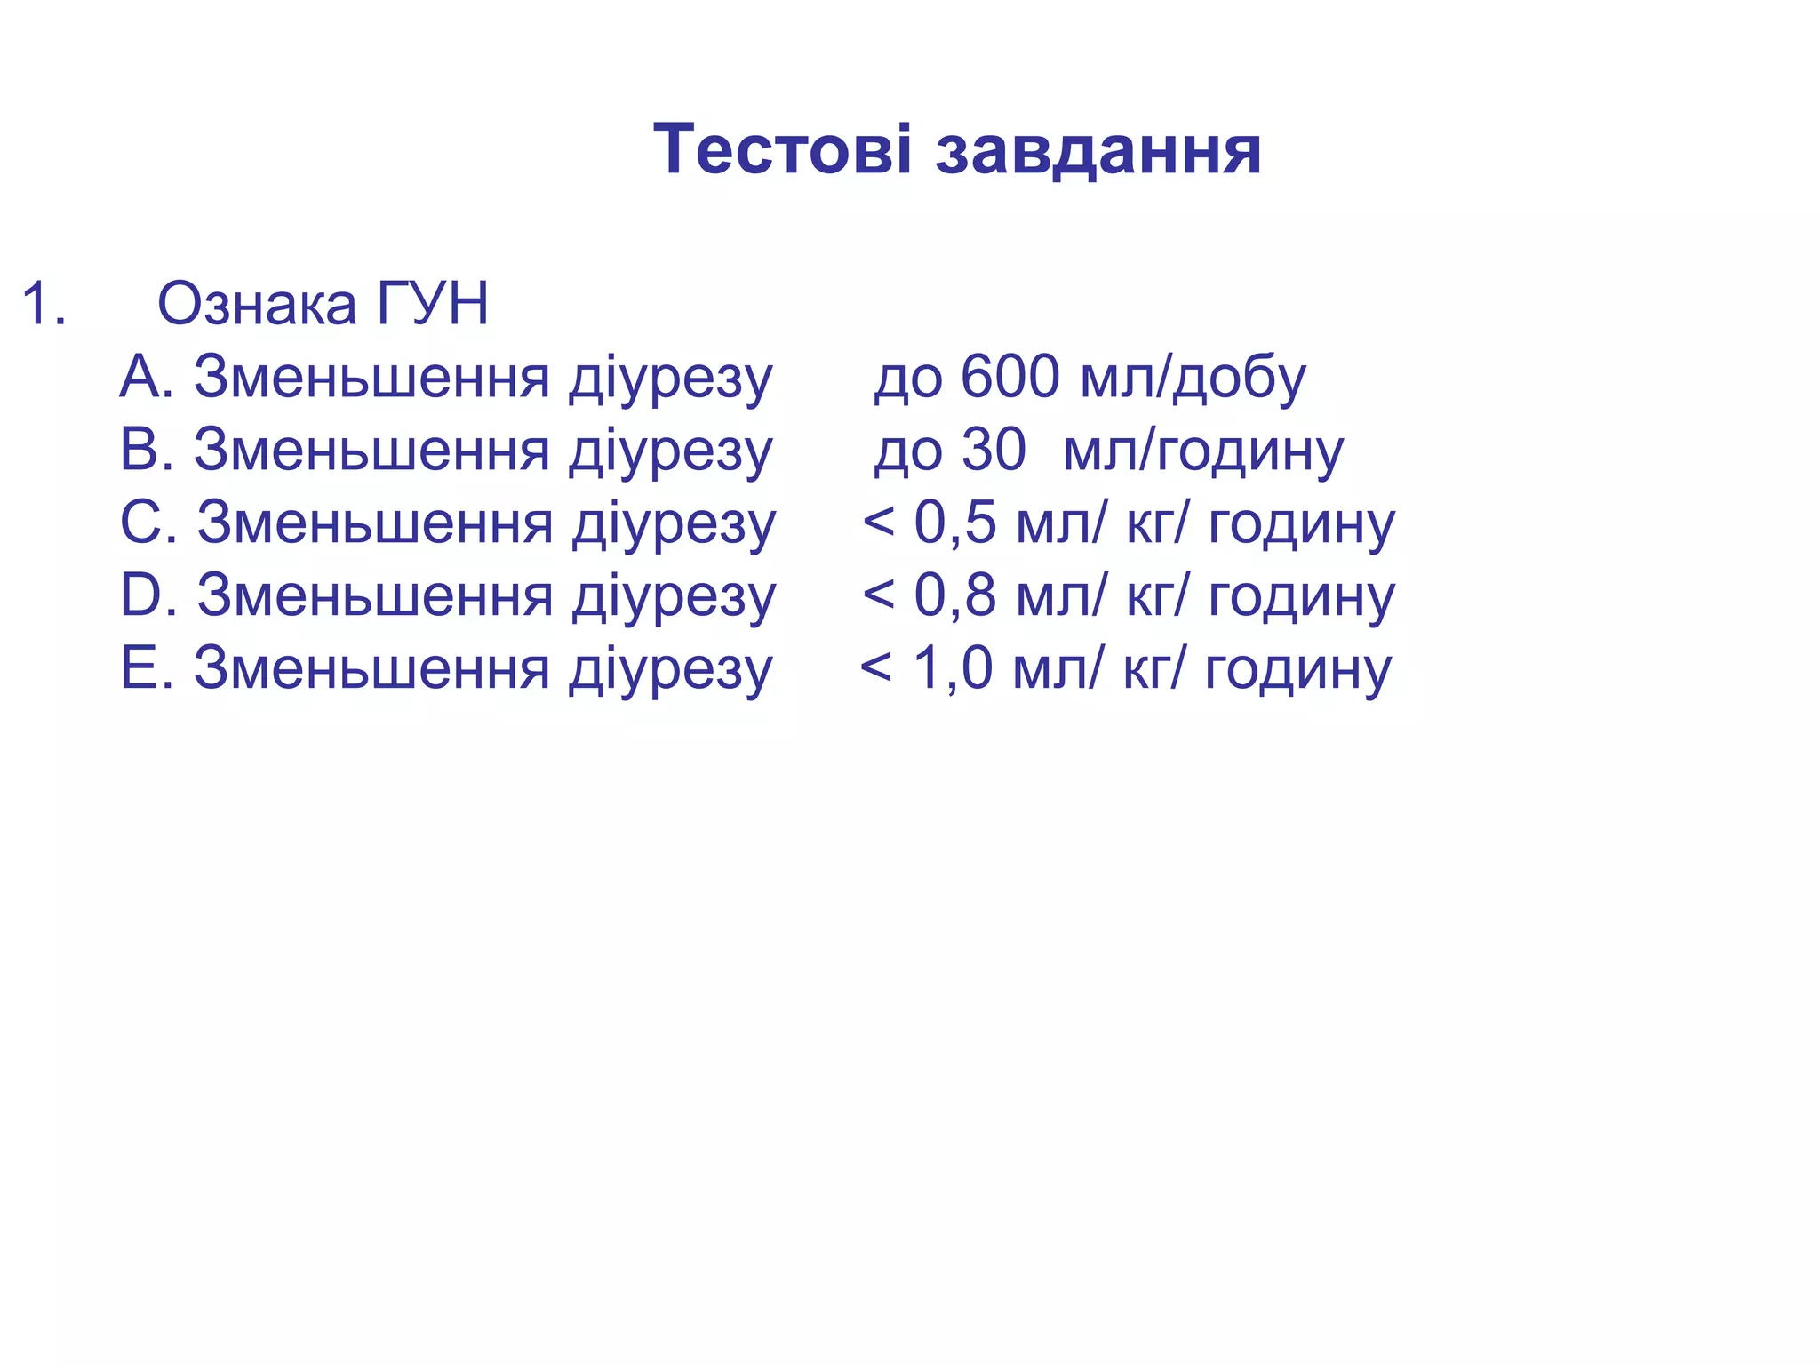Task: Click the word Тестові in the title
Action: click(782, 149)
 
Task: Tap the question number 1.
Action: click(43, 304)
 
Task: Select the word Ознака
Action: click(258, 304)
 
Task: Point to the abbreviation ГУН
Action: click(433, 304)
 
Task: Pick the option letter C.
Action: click(144, 523)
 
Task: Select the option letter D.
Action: click(144, 595)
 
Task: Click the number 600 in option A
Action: click(1010, 377)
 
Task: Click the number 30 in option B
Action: click(994, 450)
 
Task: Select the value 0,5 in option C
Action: click(954, 523)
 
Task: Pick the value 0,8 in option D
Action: click(954, 595)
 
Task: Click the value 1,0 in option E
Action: click(952, 668)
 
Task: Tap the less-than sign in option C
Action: click(878, 523)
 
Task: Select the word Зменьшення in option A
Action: click(372, 377)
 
